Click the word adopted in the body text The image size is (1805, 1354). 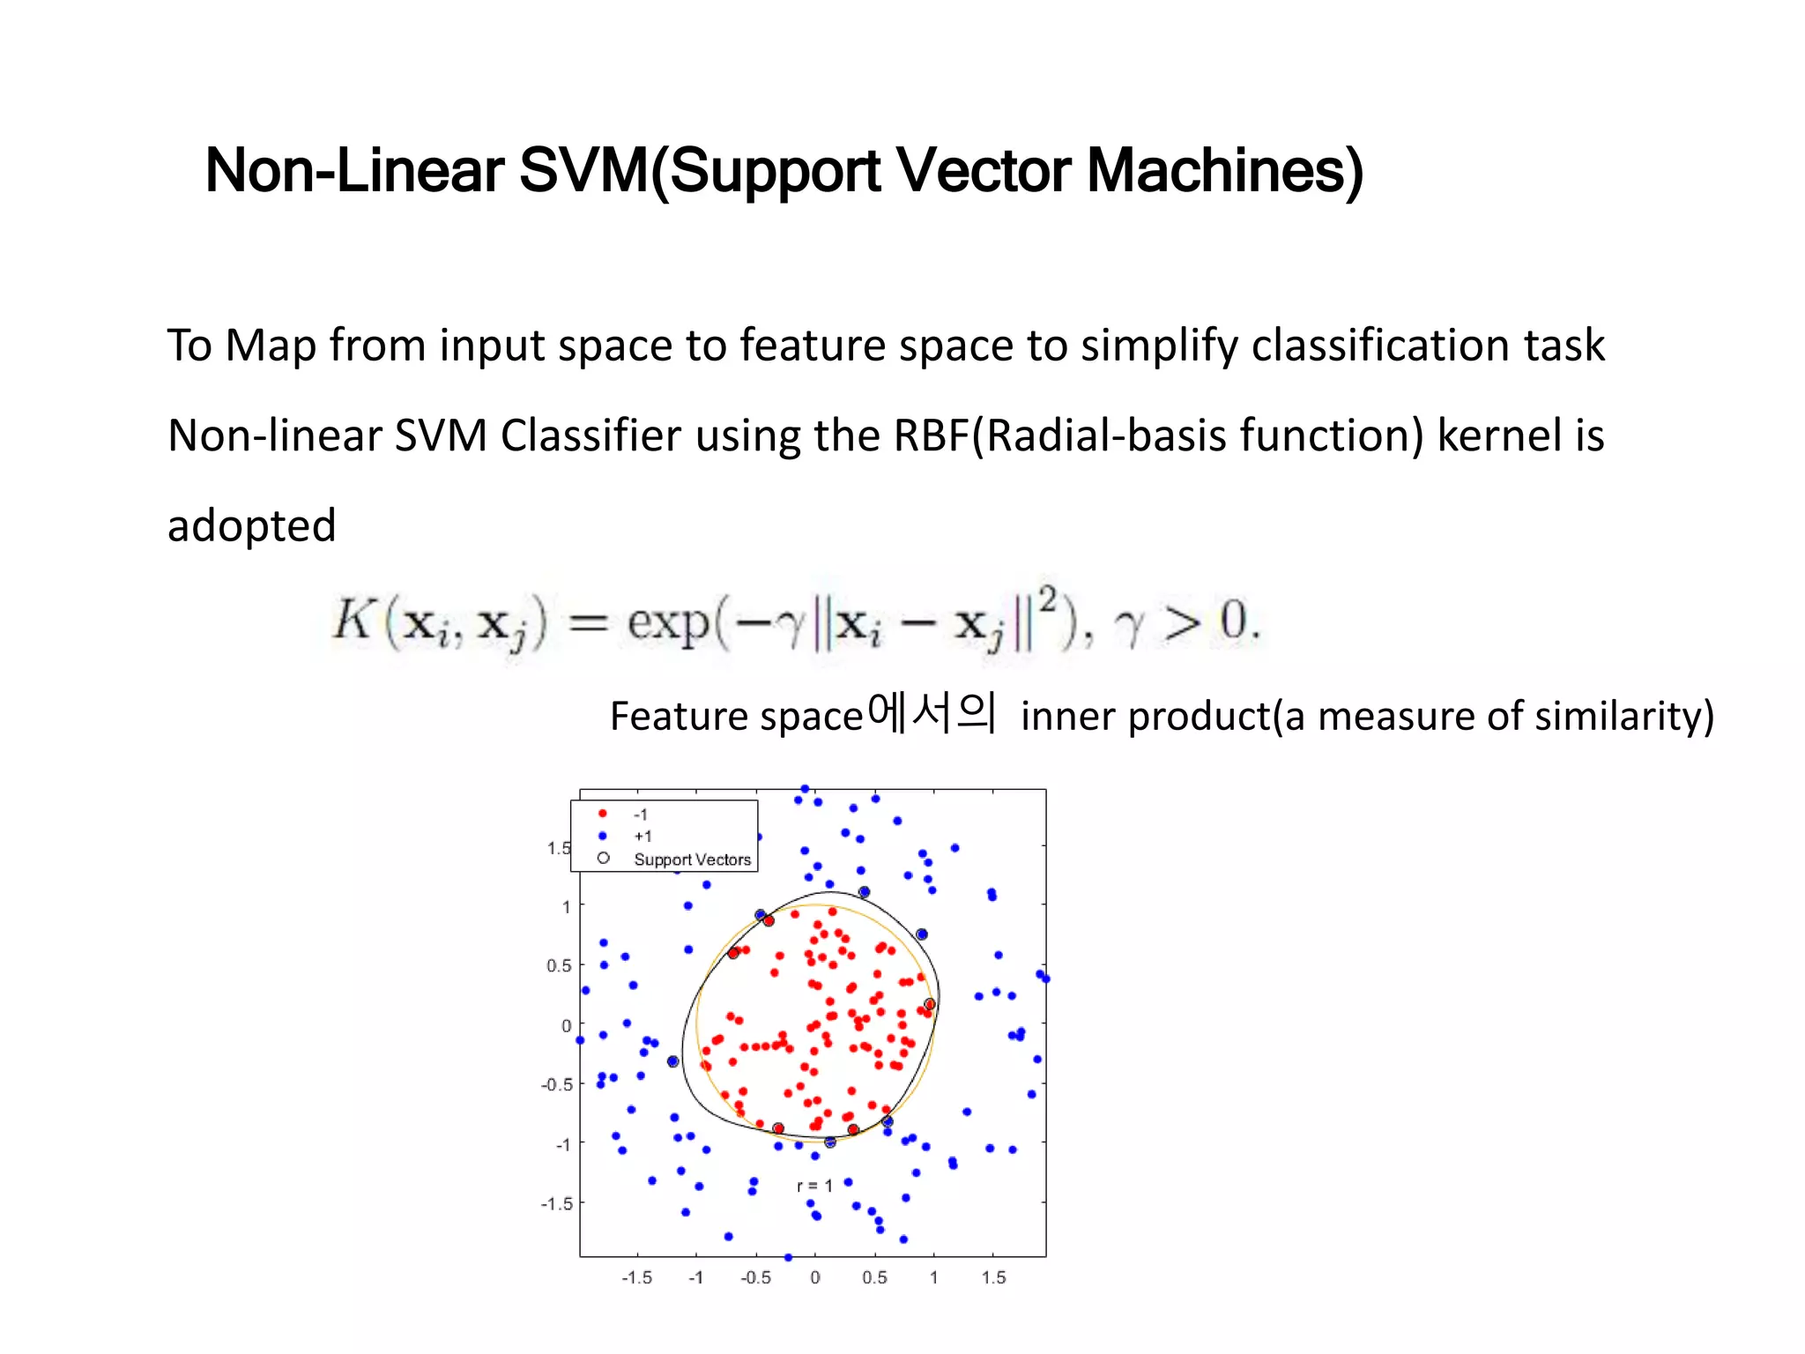point(252,526)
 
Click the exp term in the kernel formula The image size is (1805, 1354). point(668,622)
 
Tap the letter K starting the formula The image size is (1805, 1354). point(353,620)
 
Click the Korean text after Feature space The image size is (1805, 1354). point(932,713)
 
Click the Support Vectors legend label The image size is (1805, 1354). point(692,859)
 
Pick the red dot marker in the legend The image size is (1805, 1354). point(603,814)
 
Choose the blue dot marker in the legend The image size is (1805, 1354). point(603,836)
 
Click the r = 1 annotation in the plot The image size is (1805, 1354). point(814,1187)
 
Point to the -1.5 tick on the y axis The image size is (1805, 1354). point(556,1204)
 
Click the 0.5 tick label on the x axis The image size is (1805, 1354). point(874,1278)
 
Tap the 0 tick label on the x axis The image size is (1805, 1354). point(815,1278)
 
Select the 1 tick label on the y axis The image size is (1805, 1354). point(566,906)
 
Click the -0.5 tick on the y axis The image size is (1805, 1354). point(556,1085)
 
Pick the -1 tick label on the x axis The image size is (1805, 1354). point(695,1278)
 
